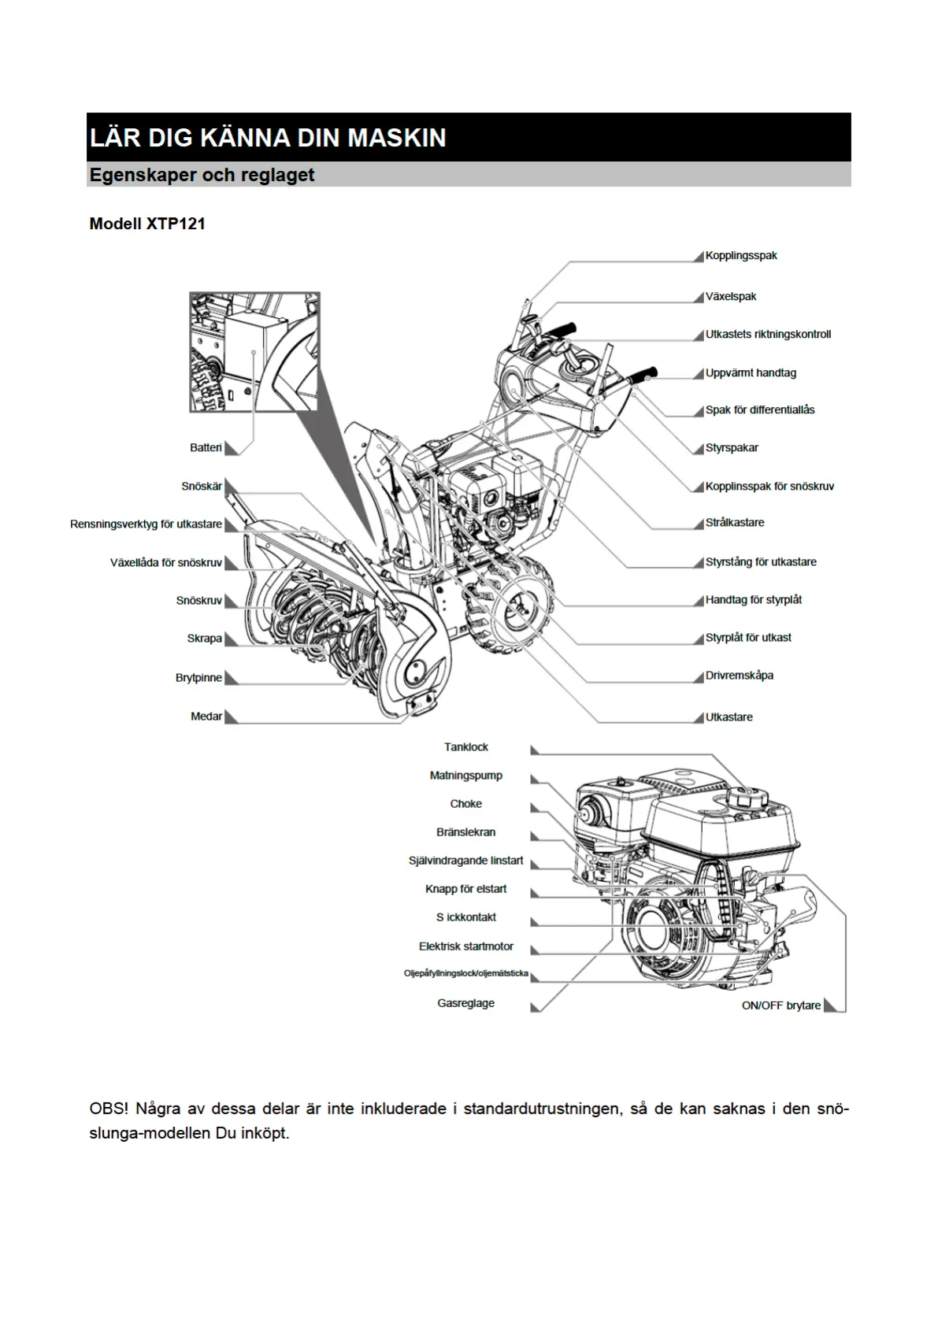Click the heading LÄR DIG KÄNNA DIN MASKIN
[268, 138]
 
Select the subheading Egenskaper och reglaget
[202, 175]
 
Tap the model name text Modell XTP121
[147, 224]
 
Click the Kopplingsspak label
[740, 256]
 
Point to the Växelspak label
[730, 297]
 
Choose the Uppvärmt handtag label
[750, 373]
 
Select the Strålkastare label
[734, 523]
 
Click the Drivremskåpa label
[739, 676]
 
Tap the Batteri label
[206, 448]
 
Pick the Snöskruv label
[198, 601]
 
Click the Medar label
[206, 717]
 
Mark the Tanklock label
[466, 747]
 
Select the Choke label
[466, 804]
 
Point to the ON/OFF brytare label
[780, 1006]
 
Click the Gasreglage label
[466, 1003]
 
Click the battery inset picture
[254, 352]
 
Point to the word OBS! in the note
[109, 1109]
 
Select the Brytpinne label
[198, 678]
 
